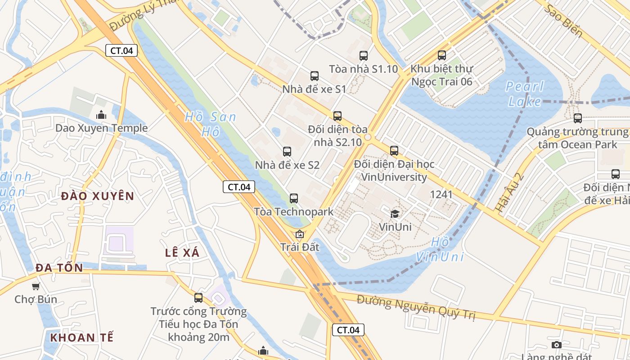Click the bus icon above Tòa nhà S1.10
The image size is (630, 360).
coord(364,56)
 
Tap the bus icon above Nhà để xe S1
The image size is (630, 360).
coord(315,76)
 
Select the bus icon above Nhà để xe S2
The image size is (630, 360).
coord(287,152)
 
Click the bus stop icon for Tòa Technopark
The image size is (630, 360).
coord(294,198)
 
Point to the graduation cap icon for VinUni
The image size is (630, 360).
coord(395,214)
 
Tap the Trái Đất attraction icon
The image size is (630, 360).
coord(299,234)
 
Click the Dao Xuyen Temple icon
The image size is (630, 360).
coord(101,115)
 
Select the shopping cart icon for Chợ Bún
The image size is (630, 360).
coord(36,286)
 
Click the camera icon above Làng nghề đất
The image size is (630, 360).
coord(557,345)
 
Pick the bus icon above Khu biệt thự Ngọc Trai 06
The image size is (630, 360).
coord(442,55)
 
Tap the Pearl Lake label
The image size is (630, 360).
coord(525,94)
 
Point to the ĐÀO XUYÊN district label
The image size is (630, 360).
coord(98,196)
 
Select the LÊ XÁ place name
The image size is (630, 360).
coord(182,252)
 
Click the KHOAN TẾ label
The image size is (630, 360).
coord(82,337)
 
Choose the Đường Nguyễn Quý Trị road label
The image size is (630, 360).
coord(416,307)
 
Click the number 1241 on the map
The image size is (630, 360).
coord(441,194)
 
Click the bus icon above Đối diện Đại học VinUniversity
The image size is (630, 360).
coord(394,151)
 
